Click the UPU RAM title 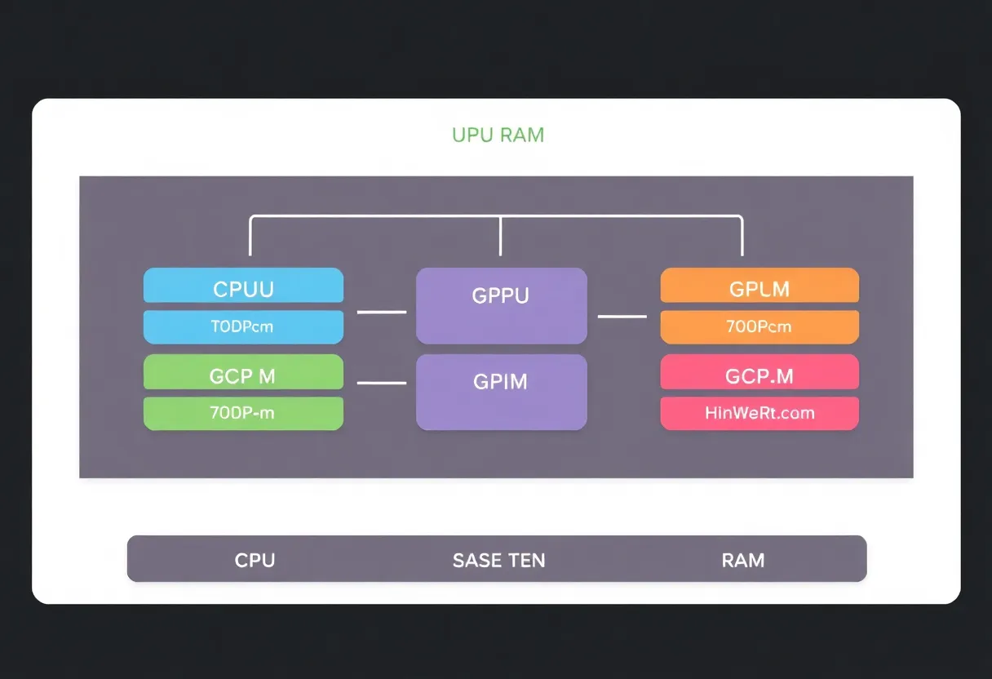coord(498,135)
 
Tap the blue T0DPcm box coord(243,327)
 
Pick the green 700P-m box coord(243,413)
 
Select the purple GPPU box coord(501,305)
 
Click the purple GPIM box coord(501,392)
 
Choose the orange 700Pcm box coord(759,327)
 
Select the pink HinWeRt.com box coord(759,413)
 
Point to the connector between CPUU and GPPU coord(382,312)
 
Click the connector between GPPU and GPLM coord(622,317)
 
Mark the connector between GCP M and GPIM coord(382,382)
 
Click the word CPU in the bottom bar coord(255,561)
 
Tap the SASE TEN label coord(498,561)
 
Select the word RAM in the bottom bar coord(742,561)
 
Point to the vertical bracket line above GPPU coord(500,237)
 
